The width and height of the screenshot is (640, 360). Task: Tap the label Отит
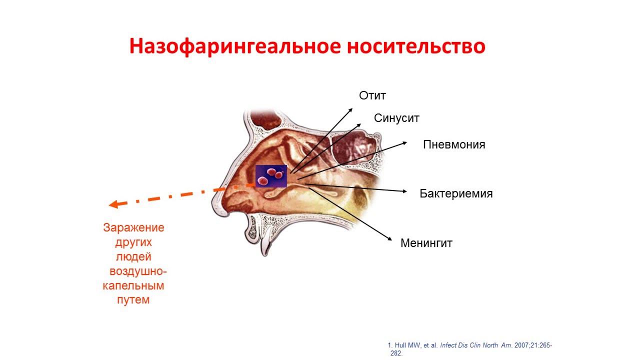[x=372, y=95]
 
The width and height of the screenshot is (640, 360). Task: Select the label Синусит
[x=396, y=118]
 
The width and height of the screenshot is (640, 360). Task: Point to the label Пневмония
[x=454, y=144]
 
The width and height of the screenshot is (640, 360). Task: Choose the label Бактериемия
[x=456, y=193]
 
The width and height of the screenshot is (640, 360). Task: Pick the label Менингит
[x=426, y=243]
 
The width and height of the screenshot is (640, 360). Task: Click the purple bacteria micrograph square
[x=271, y=176]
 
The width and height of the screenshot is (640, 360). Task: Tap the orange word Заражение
[x=133, y=228]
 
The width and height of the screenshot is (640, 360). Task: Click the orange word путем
[x=133, y=300]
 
